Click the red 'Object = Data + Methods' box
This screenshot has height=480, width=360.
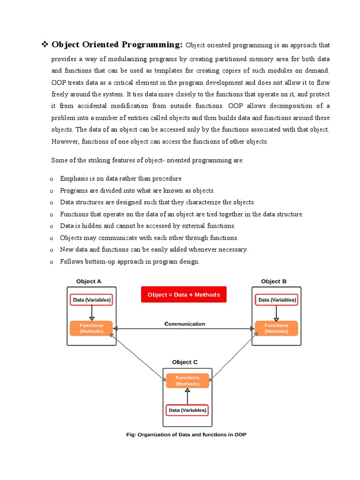183,295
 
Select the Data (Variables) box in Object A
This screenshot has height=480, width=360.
91,300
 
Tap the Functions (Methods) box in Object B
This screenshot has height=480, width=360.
276,328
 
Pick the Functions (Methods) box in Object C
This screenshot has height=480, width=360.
187,381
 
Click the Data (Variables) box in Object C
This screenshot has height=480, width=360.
187,410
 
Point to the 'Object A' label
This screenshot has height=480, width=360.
89,281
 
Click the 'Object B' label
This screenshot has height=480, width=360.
274,281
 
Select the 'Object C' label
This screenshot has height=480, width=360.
185,362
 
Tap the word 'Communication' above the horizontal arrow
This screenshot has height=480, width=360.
185,324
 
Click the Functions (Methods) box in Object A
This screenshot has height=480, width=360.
91,328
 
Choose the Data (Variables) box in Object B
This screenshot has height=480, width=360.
277,300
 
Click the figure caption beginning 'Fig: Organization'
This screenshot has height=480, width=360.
186,435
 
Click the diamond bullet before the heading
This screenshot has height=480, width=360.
45,45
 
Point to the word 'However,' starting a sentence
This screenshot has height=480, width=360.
64,142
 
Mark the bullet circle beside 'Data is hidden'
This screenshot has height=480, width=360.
52,226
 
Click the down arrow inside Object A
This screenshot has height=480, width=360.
92,313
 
